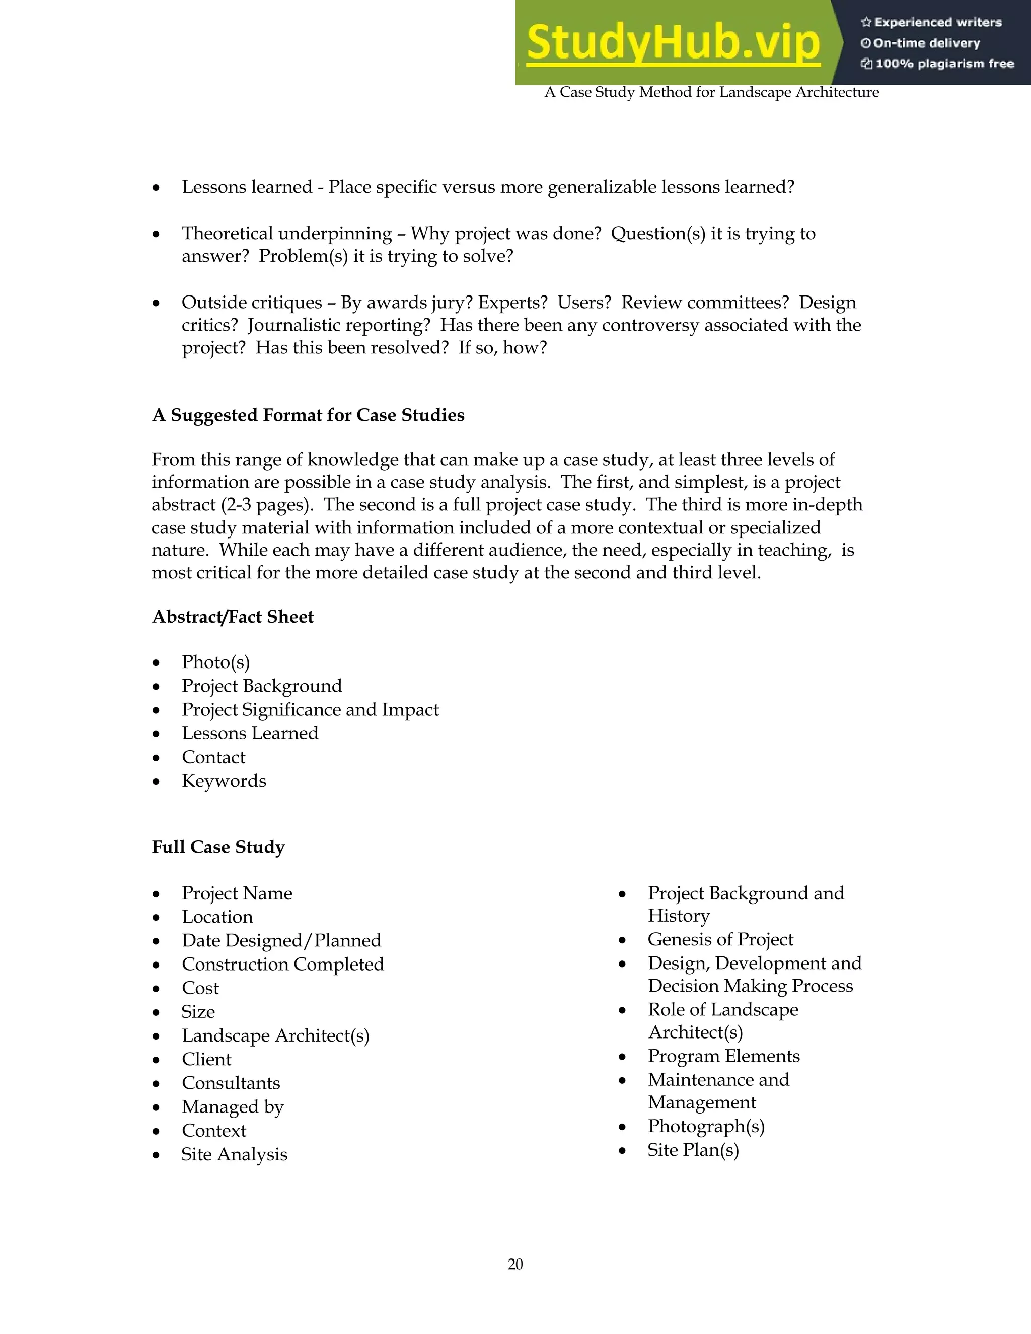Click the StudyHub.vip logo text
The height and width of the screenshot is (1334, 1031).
tap(673, 43)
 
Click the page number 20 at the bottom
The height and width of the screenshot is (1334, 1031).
tap(515, 1264)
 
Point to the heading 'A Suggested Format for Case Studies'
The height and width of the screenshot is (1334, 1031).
tap(308, 415)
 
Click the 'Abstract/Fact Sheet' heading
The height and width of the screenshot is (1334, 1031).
tap(233, 617)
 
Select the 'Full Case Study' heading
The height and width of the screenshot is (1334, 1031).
tap(218, 847)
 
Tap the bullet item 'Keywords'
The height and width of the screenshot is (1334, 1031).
tap(224, 781)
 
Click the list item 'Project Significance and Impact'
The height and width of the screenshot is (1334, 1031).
tap(310, 710)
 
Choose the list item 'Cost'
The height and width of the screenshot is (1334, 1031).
tap(200, 988)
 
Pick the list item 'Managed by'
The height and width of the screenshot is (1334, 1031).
tap(232, 1107)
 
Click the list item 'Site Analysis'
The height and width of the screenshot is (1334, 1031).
tap(234, 1154)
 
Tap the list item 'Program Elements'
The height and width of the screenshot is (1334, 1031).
tap(723, 1056)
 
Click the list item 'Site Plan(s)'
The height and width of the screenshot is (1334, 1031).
tap(693, 1150)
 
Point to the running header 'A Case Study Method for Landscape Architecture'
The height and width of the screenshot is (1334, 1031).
tap(711, 92)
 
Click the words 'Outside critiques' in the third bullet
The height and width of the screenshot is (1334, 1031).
tap(252, 303)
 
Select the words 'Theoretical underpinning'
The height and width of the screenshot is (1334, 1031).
tap(286, 234)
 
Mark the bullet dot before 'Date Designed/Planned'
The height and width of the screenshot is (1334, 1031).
tap(157, 941)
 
